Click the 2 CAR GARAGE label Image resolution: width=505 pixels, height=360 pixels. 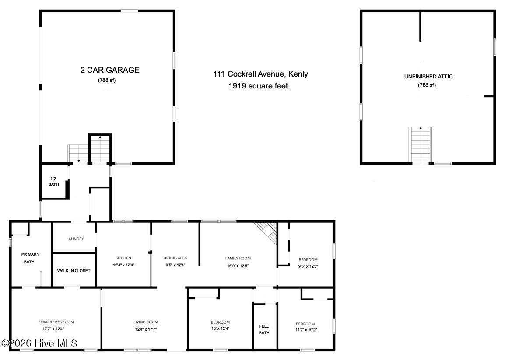tap(110, 70)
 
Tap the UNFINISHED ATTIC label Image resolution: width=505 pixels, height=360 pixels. tap(428, 76)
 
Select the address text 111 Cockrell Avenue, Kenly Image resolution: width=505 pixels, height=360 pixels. tap(260, 74)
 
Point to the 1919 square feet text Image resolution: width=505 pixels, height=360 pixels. tap(258, 86)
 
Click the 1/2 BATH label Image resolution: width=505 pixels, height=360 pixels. tap(53, 181)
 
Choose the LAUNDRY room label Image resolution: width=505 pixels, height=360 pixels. tap(75, 239)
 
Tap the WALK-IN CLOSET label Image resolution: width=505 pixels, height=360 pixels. tap(74, 271)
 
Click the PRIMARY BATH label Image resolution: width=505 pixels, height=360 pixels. tap(30, 258)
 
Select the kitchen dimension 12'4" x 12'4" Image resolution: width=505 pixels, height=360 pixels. tap(123, 265)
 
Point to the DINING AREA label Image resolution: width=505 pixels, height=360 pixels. tap(175, 258)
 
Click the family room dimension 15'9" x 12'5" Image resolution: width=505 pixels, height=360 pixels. tap(238, 266)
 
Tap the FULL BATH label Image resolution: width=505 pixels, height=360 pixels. tap(264, 329)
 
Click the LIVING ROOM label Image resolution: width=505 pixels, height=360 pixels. tap(146, 322)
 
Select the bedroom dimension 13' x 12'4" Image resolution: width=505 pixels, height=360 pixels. tap(220, 329)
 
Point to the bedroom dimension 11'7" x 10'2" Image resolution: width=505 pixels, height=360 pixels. tap(306, 330)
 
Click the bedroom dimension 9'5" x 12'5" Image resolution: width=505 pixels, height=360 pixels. tap(308, 266)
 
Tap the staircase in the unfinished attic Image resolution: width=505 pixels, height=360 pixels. tap(420, 145)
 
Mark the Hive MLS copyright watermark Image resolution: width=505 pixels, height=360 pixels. tap(39, 343)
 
